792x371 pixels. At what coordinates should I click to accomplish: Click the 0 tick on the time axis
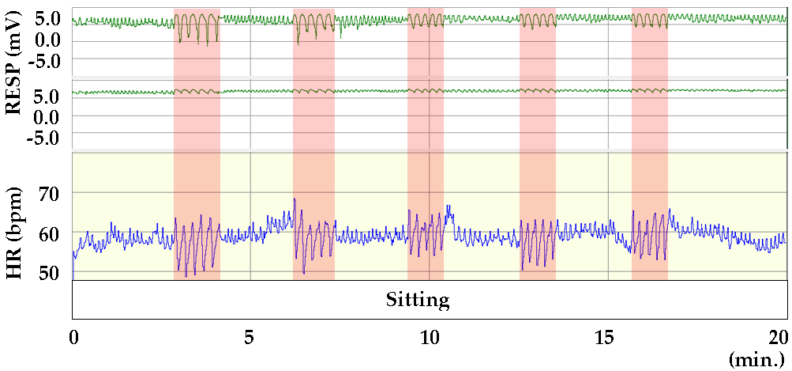(73, 335)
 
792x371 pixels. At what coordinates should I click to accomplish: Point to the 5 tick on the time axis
(250, 335)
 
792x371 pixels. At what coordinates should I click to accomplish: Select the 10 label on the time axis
(429, 335)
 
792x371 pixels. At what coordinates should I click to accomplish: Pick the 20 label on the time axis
(779, 335)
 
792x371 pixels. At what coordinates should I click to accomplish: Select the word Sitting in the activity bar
(418, 301)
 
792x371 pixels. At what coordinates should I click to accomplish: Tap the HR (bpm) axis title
(13, 234)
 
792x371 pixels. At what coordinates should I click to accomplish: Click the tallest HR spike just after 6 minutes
(295, 199)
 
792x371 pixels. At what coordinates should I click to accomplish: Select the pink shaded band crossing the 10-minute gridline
(426, 158)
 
